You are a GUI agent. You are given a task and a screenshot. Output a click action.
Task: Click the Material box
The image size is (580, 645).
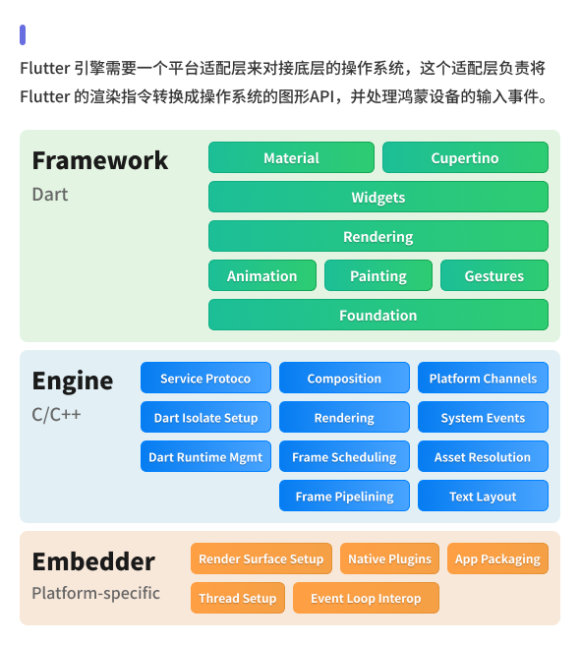point(291,157)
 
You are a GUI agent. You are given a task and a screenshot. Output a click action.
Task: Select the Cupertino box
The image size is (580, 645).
point(465,157)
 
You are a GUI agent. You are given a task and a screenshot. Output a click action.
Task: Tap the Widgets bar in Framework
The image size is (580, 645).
point(378,197)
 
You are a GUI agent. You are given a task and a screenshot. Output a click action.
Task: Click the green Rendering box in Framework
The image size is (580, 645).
point(378,236)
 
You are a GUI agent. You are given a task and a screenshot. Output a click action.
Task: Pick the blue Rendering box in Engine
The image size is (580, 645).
point(344,417)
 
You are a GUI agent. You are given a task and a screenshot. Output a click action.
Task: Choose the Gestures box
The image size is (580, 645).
point(493,275)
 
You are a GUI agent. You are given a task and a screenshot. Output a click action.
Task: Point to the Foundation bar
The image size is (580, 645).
point(378,315)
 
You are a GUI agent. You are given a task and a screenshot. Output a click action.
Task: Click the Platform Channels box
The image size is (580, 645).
point(483,378)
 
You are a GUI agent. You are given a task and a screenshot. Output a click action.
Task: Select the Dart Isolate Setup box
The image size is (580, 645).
point(205,417)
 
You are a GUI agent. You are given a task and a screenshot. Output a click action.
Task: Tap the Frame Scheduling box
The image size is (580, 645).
point(344,456)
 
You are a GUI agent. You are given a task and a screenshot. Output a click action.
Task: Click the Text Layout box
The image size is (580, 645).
point(483,496)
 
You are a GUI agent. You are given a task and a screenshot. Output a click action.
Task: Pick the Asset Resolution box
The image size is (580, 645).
point(483,456)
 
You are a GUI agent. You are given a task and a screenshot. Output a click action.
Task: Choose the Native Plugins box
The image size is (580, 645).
point(389,558)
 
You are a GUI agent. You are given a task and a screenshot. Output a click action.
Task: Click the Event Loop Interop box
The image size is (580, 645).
point(366,598)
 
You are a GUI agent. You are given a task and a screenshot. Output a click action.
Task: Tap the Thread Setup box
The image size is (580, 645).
point(238,598)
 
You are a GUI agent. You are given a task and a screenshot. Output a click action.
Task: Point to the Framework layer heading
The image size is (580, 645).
point(100,160)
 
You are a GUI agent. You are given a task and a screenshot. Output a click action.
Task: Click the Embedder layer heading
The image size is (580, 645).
point(93,561)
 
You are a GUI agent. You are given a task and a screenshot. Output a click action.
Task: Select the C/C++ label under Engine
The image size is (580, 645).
point(57,414)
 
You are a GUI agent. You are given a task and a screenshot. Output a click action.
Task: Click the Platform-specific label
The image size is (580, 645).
point(95,593)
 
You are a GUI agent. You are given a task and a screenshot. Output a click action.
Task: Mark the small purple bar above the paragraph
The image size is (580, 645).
point(23,34)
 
